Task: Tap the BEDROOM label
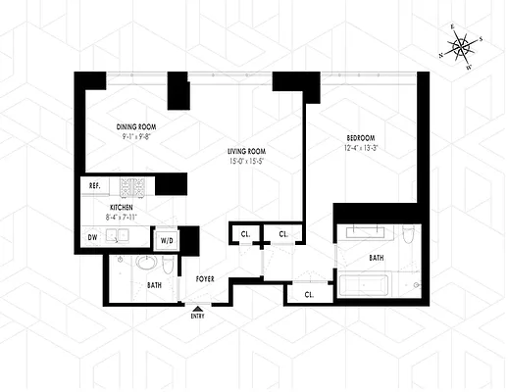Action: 361,137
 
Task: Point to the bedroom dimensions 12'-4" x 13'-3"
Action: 361,148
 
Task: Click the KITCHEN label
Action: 121,209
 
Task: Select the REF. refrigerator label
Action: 95,185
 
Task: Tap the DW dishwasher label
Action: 92,236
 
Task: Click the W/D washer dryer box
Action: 167,238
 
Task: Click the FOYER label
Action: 206,278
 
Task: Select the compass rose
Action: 459,48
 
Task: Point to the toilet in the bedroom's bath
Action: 408,236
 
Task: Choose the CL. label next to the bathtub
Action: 309,294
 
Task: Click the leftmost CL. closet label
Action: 244,234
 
